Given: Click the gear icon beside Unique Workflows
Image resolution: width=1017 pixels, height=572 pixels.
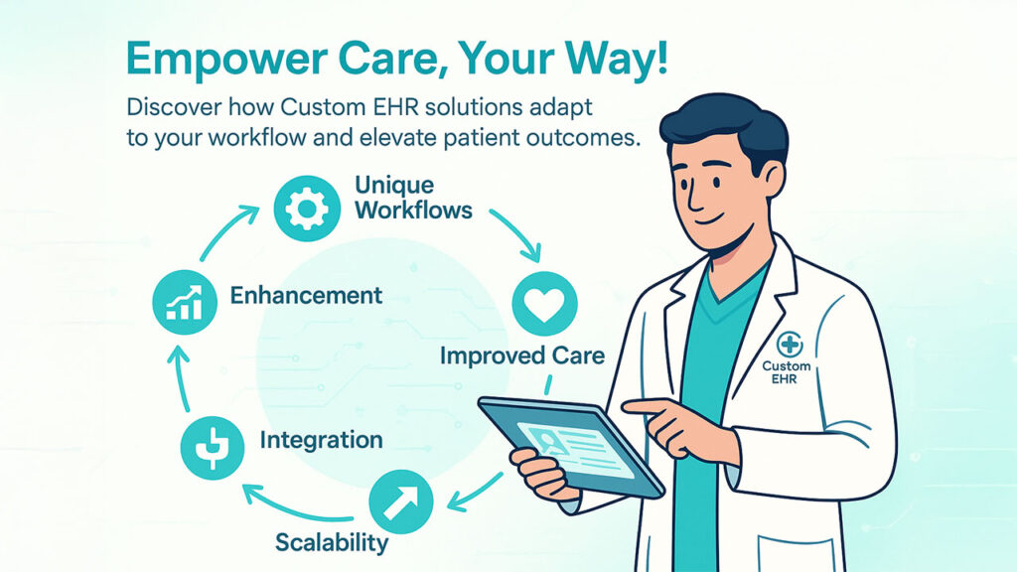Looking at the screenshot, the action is tap(307, 209).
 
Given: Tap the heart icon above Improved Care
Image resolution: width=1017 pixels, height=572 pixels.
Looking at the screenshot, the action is tap(544, 304).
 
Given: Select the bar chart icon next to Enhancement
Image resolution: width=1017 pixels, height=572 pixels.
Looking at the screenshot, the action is tap(185, 302).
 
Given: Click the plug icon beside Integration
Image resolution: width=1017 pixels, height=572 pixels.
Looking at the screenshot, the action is tap(213, 448).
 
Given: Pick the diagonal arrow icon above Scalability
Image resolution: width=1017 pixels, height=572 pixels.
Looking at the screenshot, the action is tap(401, 501).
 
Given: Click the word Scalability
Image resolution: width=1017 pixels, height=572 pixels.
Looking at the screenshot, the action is tap(332, 542).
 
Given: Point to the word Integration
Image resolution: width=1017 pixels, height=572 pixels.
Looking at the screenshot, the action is tap(321, 440).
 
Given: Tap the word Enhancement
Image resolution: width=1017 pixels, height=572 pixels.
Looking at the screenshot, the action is tap(306, 296).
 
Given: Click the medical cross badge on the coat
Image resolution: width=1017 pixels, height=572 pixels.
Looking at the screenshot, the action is tap(790, 345).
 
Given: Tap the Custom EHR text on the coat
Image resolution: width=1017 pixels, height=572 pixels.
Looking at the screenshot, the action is tap(787, 371).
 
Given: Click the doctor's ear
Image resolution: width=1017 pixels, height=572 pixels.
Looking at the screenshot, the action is tap(773, 179).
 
